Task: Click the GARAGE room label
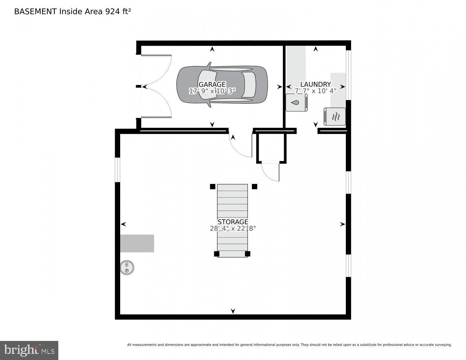pyautogui.click(x=212, y=85)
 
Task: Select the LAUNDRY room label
pyautogui.click(x=315, y=85)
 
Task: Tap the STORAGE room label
pyautogui.click(x=232, y=222)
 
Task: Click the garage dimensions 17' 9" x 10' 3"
pyautogui.click(x=212, y=91)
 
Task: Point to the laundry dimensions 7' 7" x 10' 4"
pyautogui.click(x=315, y=91)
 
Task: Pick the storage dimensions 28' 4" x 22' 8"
pyautogui.click(x=232, y=228)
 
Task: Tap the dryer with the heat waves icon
pyautogui.click(x=335, y=116)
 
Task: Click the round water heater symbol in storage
pyautogui.click(x=127, y=267)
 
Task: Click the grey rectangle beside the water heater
pyautogui.click(x=137, y=243)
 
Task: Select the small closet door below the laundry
pyautogui.click(x=271, y=172)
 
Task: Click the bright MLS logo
pyautogui.click(x=29, y=350)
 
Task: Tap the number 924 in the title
pyautogui.click(x=113, y=12)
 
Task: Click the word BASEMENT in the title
pyautogui.click(x=35, y=12)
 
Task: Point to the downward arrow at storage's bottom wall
pyautogui.click(x=233, y=311)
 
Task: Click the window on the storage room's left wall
pyautogui.click(x=117, y=170)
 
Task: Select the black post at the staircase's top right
pyautogui.click(x=254, y=186)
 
